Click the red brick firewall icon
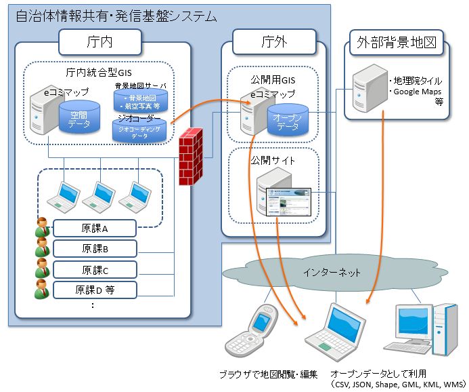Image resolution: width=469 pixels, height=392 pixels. (x=191, y=157)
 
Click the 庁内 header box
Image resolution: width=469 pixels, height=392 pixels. (x=100, y=42)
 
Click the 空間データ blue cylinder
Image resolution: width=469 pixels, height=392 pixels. (x=74, y=117)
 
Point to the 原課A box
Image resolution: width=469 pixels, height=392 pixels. (x=95, y=228)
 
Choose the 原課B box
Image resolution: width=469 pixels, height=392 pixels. (x=95, y=248)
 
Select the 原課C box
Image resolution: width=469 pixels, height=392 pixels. (x=95, y=269)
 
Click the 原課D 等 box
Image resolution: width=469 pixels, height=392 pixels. (x=95, y=290)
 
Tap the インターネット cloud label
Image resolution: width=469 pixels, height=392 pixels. (x=331, y=273)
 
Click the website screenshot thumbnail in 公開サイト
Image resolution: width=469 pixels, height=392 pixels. (x=287, y=201)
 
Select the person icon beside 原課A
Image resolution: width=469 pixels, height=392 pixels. (x=42, y=228)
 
